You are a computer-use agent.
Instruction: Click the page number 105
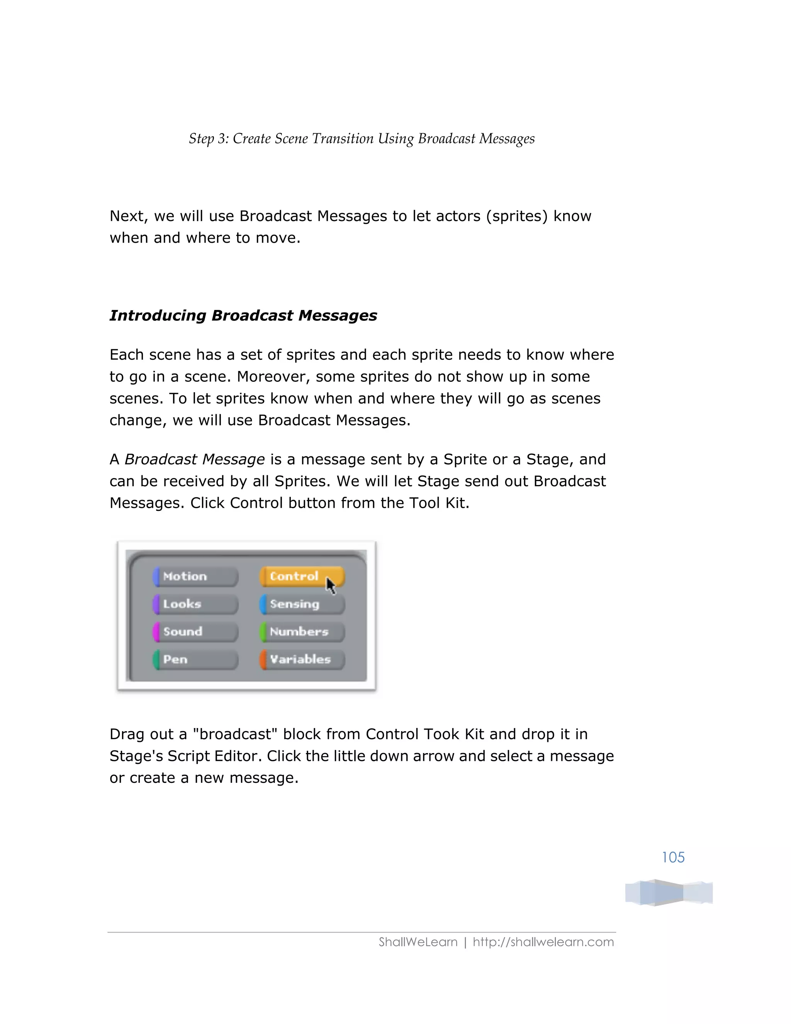673,857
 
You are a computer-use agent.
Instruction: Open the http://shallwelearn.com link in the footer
543,942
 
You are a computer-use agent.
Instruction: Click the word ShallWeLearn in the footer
418,942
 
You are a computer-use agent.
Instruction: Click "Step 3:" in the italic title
209,139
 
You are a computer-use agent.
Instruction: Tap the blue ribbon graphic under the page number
668,892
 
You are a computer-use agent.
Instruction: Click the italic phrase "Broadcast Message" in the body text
195,459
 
